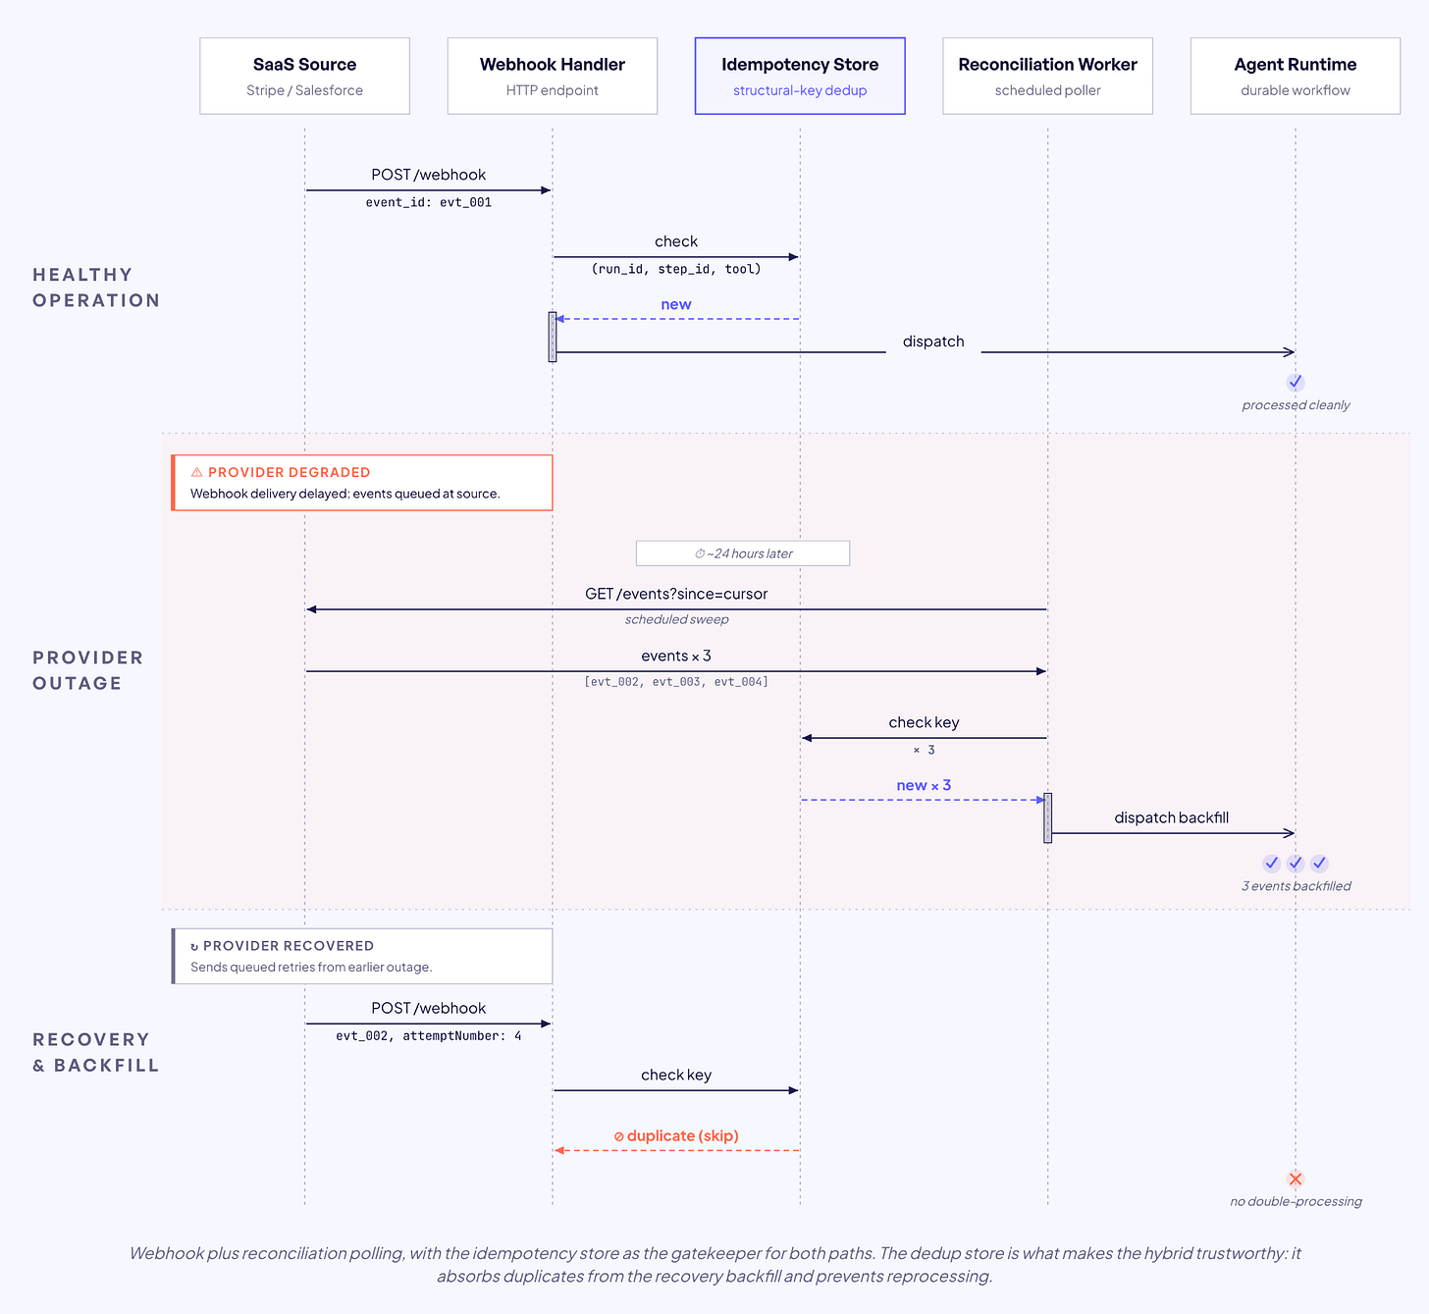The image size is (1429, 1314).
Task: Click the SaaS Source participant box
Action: [304, 76]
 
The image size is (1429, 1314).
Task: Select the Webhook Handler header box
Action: [553, 76]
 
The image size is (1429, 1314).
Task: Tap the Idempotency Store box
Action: [800, 76]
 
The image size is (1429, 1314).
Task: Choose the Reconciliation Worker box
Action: [1047, 76]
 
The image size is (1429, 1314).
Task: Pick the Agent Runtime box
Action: [1296, 76]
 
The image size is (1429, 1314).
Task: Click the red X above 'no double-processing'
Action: [1296, 1179]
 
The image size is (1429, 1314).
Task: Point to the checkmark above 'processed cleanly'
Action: [1296, 382]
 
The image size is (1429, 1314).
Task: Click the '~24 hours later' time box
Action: [742, 552]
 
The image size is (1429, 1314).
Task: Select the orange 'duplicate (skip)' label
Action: [676, 1135]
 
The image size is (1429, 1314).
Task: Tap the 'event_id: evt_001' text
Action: [428, 202]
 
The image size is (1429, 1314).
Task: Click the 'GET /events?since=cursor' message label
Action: [676, 594]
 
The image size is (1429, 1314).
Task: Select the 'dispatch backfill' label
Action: [1171, 817]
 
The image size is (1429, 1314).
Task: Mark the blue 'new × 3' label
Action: [924, 785]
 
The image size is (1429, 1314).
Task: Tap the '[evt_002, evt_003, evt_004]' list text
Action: [676, 682]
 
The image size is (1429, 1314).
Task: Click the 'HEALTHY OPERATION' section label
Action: [96, 288]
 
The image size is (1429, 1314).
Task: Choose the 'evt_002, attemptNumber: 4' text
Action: [428, 1036]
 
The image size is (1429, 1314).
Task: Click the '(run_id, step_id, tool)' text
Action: [676, 269]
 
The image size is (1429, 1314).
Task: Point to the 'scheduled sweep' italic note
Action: [676, 619]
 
